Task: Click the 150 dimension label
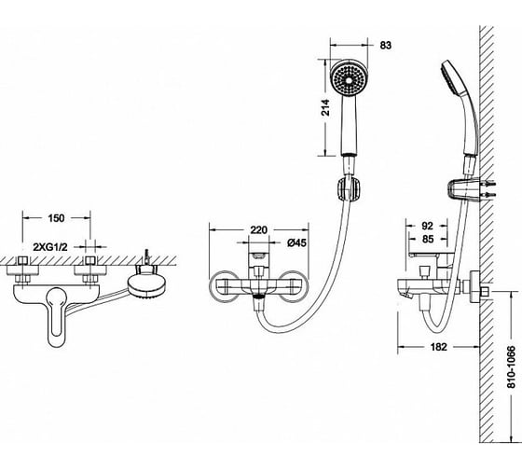tap(56, 218)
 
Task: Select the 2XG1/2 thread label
tap(50, 247)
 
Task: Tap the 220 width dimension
tap(259, 229)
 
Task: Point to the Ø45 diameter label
tap(296, 243)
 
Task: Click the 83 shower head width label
tap(386, 46)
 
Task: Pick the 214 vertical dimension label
tap(325, 107)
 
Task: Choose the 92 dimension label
tap(427, 226)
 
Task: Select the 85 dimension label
tap(428, 239)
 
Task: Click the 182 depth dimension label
tap(438, 347)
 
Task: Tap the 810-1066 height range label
tap(511, 366)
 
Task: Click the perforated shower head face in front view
tap(349, 79)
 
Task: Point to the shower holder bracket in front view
tap(349, 189)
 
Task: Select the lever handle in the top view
tap(57, 316)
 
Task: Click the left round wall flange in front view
tap(223, 285)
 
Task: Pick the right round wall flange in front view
tap(295, 285)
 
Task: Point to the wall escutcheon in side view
tap(474, 287)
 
